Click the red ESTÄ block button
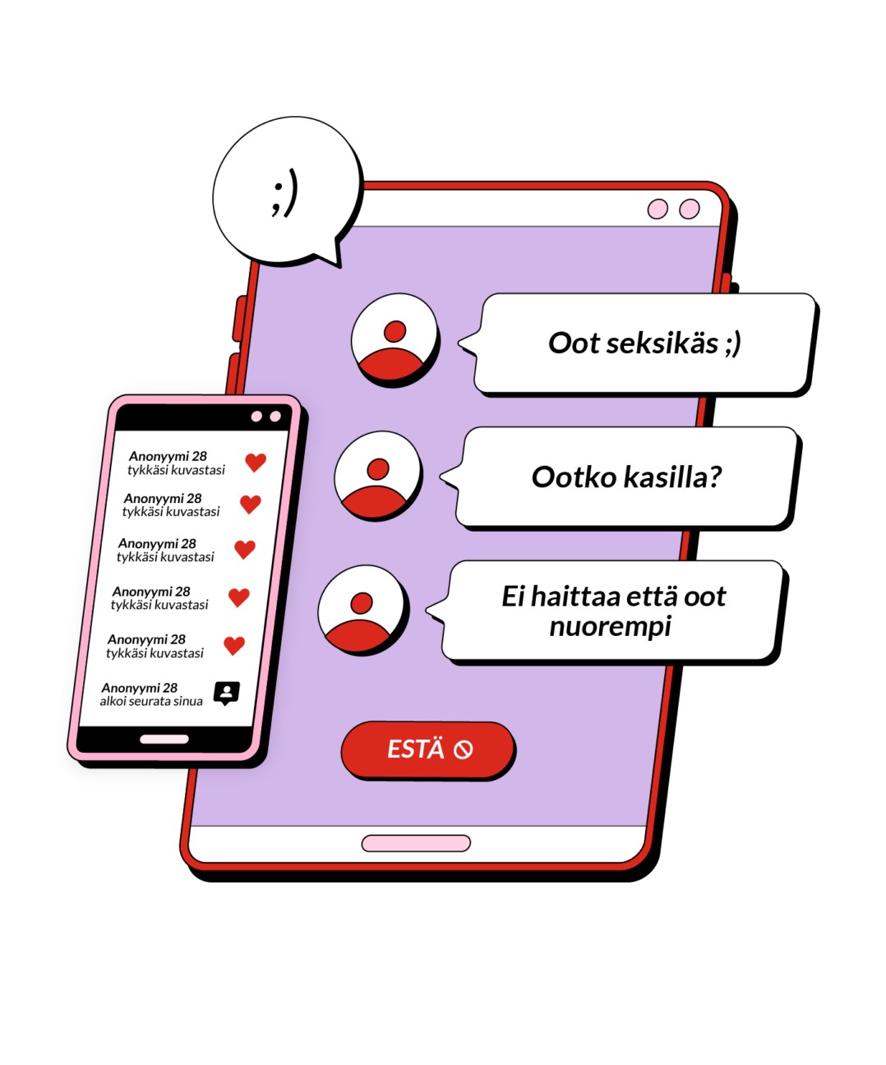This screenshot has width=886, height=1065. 427,749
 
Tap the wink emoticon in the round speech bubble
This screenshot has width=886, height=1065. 284,193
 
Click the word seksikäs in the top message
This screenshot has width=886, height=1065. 661,343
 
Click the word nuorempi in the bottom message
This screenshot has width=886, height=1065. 610,627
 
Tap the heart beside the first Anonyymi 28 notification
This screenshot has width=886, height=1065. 256,462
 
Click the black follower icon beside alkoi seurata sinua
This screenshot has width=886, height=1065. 227,693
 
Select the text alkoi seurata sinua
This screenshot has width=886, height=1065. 151,701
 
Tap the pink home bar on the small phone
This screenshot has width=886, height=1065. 164,739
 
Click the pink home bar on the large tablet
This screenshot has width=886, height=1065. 416,843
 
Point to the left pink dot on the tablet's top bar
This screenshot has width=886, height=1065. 658,209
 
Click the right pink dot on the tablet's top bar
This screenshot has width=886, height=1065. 689,209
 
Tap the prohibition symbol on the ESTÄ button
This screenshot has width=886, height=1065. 464,749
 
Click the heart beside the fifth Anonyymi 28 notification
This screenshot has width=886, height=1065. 234,645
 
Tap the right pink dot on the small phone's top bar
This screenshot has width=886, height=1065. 275,417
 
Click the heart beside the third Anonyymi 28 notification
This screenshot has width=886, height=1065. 245,549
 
